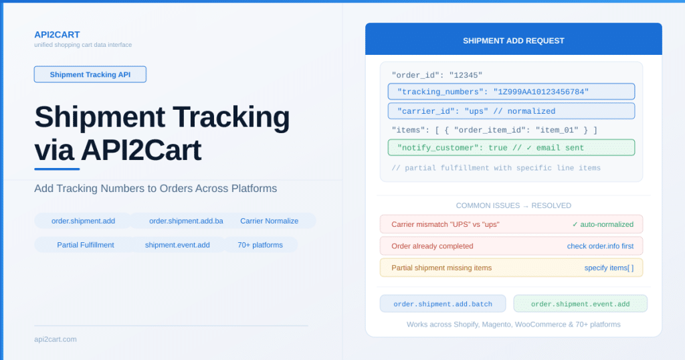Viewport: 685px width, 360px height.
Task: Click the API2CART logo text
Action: (57, 35)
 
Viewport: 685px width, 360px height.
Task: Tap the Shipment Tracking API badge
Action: (90, 74)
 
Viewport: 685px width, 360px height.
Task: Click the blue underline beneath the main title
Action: (57, 169)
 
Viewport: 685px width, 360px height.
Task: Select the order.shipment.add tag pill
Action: (83, 221)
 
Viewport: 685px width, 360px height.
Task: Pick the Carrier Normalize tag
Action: (269, 221)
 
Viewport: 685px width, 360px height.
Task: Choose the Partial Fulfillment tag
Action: (85, 245)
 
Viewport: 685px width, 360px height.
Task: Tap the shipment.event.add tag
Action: (177, 245)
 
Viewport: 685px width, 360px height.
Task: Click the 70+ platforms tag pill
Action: (260, 245)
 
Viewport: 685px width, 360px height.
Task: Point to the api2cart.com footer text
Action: (56, 339)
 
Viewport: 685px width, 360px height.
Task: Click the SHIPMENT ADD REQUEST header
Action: (513, 41)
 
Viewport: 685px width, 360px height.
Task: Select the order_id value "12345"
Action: (466, 75)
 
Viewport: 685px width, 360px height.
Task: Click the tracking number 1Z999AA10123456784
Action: (541, 92)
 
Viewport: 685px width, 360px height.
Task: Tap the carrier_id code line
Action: (511, 111)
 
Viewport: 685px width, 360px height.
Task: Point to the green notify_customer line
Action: (511, 148)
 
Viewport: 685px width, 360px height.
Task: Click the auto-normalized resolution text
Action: (603, 224)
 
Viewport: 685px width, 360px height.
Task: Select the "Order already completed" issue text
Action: (432, 246)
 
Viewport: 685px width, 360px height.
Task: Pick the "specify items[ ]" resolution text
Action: (609, 268)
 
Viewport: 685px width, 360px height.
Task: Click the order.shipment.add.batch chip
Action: (443, 304)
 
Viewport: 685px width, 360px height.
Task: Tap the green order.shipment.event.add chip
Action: (580, 304)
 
